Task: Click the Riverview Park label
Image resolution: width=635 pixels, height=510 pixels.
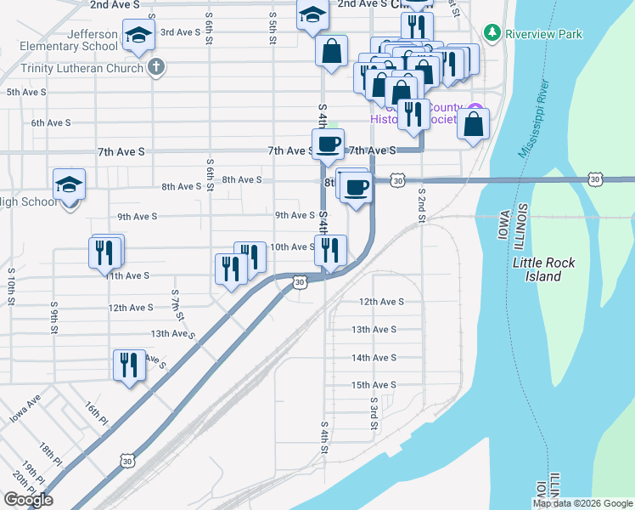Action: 544,34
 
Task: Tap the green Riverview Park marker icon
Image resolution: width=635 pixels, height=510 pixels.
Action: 492,33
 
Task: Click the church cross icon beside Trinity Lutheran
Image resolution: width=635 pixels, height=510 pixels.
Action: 155,67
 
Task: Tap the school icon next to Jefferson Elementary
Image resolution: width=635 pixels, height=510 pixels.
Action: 136,36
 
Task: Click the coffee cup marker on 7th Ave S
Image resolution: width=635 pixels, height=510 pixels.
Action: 328,144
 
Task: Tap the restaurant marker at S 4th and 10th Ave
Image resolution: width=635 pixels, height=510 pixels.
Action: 329,250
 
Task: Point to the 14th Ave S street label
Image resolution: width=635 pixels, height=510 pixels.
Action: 374,359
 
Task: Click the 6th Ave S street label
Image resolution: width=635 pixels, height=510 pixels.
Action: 51,123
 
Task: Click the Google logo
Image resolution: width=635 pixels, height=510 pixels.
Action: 28,500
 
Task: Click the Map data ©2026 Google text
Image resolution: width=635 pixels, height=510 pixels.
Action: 582,503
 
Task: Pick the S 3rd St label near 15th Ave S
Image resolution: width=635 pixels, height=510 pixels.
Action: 373,412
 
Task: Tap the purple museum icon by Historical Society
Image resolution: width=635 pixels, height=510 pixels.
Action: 475,111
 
